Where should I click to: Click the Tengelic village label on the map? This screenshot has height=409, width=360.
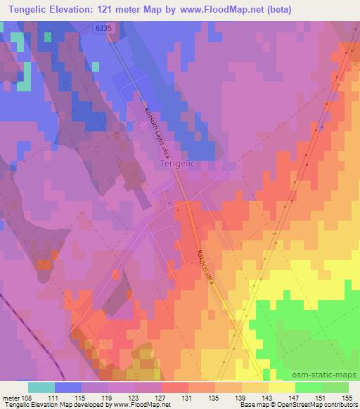[x=177, y=163]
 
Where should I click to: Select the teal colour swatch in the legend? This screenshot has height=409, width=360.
[x=41, y=387]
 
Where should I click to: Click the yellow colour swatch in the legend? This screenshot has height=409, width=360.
[x=282, y=387]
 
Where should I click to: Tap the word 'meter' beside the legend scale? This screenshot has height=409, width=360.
[x=11, y=397]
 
